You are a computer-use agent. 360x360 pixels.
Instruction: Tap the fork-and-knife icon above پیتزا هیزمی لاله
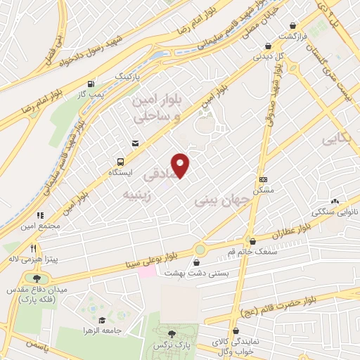click(33, 249)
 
